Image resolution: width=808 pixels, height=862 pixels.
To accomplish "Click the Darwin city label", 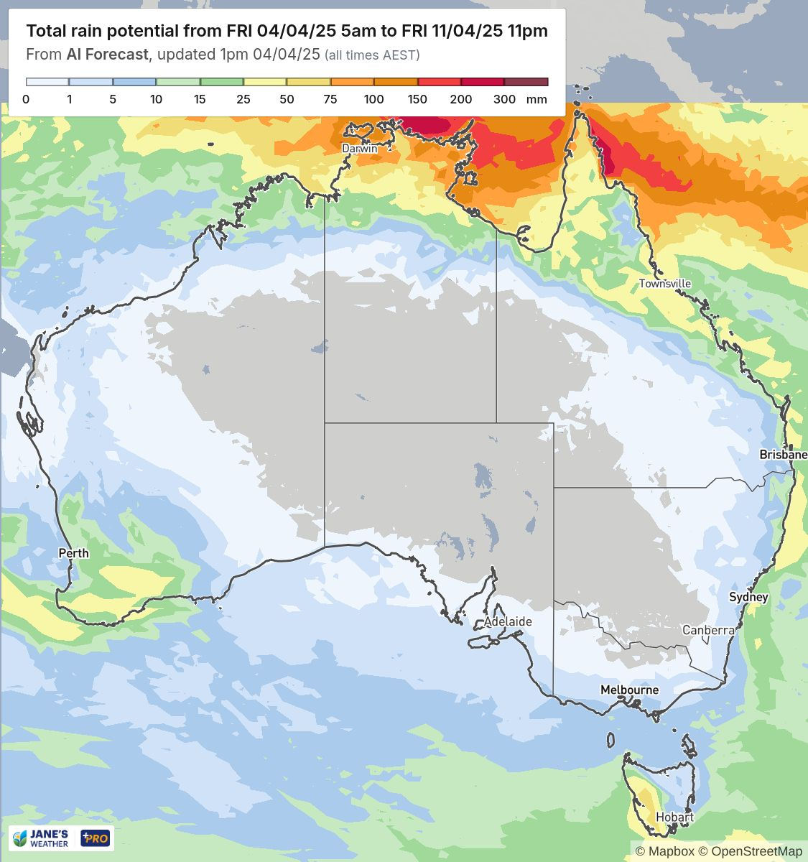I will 359,148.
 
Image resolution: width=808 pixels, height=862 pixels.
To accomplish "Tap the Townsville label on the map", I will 665,284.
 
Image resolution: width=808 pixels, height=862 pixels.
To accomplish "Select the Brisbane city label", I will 783,455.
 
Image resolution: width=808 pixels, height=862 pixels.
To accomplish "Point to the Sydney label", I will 748,597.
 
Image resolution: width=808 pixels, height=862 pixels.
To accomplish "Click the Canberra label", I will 708,630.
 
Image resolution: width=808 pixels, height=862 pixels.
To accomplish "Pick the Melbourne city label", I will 629,690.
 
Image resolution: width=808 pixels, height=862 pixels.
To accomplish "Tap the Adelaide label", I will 508,621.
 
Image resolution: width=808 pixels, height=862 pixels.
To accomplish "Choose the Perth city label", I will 73,553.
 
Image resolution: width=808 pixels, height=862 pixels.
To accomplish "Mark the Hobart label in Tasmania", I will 674,817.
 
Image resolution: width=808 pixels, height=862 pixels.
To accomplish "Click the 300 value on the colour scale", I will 504,100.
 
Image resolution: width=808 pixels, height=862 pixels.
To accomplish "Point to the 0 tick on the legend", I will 26,100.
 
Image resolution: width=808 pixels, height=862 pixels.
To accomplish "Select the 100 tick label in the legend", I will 373,100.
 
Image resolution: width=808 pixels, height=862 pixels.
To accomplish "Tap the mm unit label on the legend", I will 537,100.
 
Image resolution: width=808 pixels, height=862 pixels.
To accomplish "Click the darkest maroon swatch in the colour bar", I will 526,82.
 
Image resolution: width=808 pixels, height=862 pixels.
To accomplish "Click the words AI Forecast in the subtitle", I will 107,55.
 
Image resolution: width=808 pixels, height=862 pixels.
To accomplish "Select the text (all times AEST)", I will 372,55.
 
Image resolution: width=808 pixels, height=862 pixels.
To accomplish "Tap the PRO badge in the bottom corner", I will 95,838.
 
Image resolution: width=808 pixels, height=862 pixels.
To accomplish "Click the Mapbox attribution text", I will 672,851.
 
